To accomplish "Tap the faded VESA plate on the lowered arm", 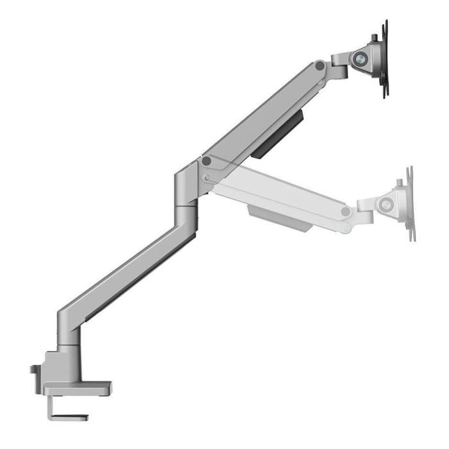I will click(x=410, y=204).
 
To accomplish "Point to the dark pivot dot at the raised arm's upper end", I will click(x=319, y=65).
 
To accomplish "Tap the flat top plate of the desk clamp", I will click(x=77, y=387).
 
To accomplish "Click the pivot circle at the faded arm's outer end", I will click(x=346, y=211).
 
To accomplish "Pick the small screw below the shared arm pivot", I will click(x=205, y=177).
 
